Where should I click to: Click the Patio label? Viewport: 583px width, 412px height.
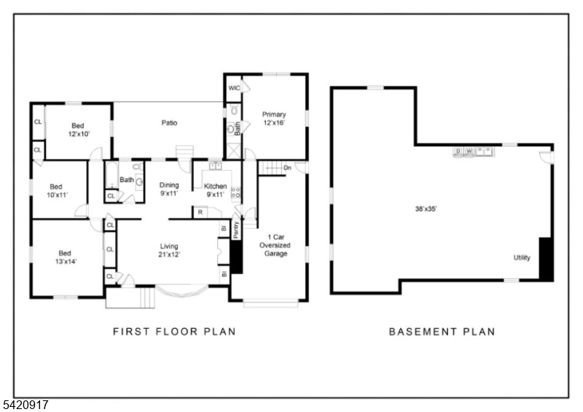click(169, 123)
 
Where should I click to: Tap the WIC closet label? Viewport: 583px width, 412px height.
click(234, 88)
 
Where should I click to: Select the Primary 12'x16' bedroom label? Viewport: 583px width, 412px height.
click(274, 118)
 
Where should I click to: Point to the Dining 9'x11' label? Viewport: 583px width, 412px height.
click(169, 189)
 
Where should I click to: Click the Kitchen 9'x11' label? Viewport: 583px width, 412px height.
click(215, 190)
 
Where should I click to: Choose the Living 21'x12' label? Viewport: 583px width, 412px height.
click(169, 250)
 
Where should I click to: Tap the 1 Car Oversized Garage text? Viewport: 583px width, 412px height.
click(275, 245)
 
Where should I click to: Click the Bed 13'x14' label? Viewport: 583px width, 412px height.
click(66, 257)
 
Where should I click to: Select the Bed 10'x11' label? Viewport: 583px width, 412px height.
click(57, 190)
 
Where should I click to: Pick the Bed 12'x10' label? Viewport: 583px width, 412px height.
click(79, 130)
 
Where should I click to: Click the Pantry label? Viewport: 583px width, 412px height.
click(235, 230)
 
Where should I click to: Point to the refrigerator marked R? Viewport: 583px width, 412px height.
click(200, 212)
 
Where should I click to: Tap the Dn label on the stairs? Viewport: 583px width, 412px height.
click(287, 168)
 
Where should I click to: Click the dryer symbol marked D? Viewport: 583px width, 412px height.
click(458, 152)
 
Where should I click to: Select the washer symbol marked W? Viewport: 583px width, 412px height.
click(469, 152)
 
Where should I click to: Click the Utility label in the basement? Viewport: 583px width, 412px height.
click(522, 257)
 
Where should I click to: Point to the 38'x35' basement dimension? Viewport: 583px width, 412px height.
click(426, 209)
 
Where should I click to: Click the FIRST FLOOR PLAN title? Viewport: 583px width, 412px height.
click(174, 331)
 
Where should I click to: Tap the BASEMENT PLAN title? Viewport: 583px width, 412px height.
click(442, 331)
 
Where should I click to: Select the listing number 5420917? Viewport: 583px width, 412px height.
click(24, 405)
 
